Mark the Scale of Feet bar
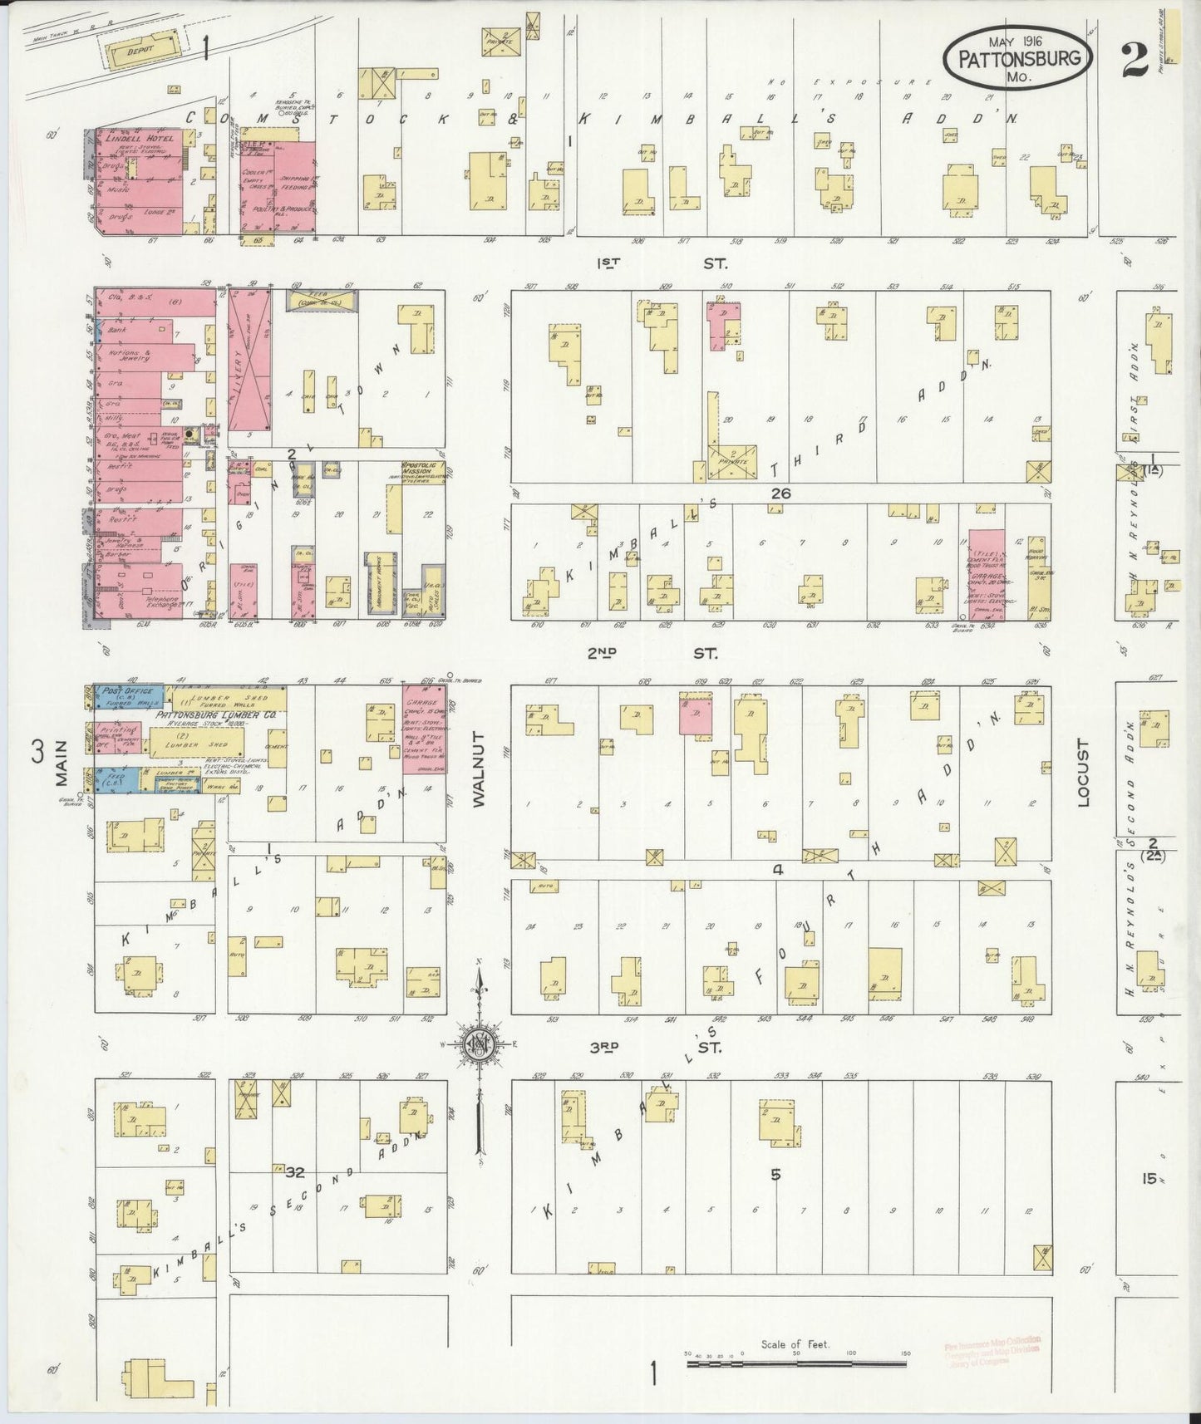pyautogui.click(x=796, y=1364)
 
